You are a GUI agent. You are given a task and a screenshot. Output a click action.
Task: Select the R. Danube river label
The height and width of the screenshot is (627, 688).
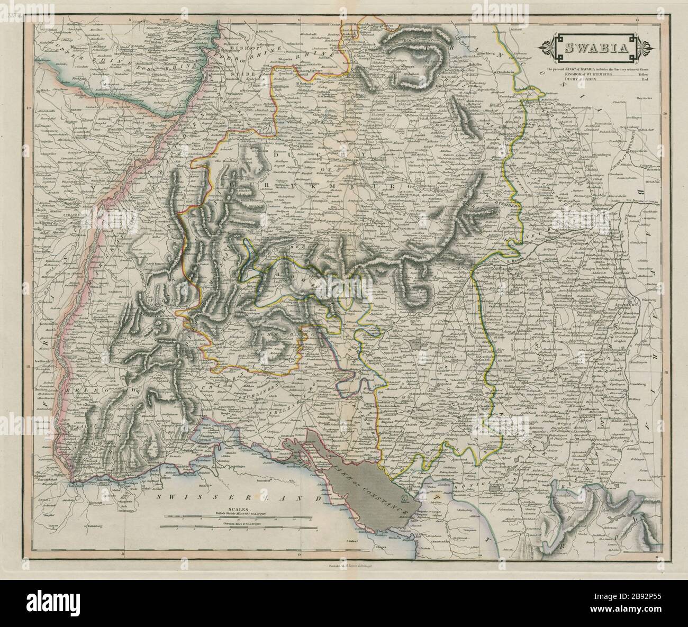[x=512, y=261]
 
